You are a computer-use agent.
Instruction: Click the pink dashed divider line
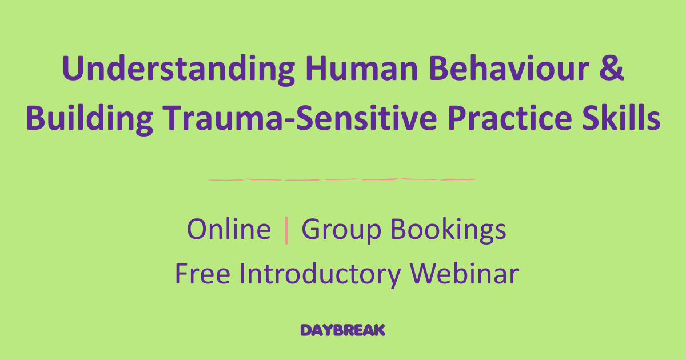(x=342, y=179)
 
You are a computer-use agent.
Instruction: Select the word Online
(x=229, y=230)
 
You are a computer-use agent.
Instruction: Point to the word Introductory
(x=321, y=275)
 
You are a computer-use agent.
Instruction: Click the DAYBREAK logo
(x=343, y=330)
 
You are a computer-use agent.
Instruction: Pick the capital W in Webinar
(x=424, y=274)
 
